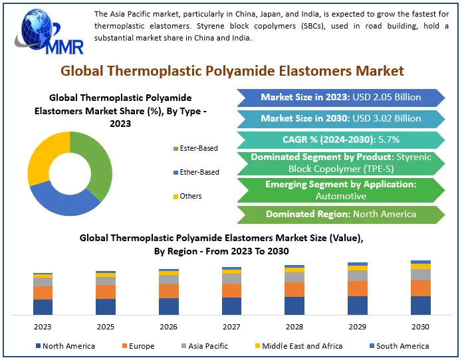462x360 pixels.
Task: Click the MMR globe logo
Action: tap(49, 32)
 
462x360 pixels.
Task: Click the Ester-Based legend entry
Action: tap(195, 148)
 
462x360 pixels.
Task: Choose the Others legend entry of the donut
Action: tap(187, 197)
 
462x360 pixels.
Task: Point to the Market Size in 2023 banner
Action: tap(341, 98)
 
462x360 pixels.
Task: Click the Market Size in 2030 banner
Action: tap(341, 119)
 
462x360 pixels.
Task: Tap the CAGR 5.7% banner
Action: tap(341, 139)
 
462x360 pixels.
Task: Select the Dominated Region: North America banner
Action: tap(341, 215)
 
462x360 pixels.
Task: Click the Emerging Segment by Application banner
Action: tap(341, 190)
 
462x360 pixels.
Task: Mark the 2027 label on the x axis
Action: tap(231, 327)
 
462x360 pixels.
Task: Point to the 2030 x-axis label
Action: tap(421, 327)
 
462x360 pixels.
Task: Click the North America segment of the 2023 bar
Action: tap(43, 308)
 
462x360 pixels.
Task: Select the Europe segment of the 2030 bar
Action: tap(421, 288)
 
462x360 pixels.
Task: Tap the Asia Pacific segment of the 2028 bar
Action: tap(294, 277)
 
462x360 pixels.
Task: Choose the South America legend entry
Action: tap(400, 346)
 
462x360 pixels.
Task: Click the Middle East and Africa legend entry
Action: tap(298, 346)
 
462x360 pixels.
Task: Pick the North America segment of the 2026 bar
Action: tap(169, 307)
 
